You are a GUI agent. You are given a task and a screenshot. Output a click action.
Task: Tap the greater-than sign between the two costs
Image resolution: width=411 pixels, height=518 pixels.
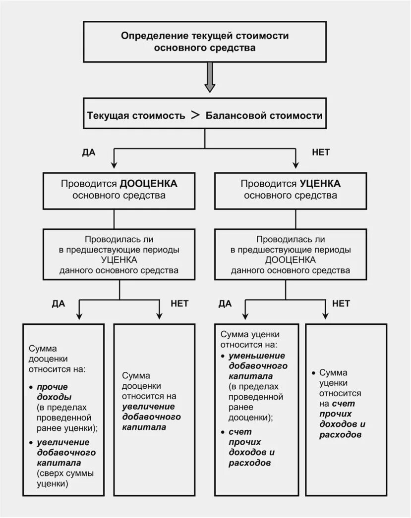click(x=195, y=115)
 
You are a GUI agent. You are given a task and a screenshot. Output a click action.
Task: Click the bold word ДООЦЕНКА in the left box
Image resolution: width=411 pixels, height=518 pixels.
click(x=148, y=183)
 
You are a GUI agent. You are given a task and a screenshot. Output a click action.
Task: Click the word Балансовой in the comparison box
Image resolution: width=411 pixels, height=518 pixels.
click(x=235, y=116)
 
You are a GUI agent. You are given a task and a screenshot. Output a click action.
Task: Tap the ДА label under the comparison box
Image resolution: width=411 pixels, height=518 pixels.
click(x=89, y=152)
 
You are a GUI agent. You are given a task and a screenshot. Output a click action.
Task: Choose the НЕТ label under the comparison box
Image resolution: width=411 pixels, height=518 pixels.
click(x=321, y=152)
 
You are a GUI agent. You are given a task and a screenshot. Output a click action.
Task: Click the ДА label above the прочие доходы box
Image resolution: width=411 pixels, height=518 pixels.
click(x=59, y=303)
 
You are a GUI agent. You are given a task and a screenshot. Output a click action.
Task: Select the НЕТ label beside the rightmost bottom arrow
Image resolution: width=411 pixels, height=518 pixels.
click(x=341, y=303)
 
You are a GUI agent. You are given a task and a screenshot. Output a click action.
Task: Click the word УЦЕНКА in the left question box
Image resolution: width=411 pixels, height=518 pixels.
click(x=119, y=259)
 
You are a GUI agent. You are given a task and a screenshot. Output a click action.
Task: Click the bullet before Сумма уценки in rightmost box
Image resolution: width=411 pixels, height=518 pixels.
click(x=314, y=372)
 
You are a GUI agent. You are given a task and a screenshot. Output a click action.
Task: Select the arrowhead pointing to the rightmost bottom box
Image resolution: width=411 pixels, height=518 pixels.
click(x=325, y=315)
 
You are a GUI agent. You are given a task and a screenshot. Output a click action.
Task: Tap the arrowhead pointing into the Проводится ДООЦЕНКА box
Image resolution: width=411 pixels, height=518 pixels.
click(x=114, y=164)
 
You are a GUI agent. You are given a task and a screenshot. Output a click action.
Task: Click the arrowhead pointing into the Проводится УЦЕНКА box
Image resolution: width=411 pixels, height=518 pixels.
click(x=296, y=164)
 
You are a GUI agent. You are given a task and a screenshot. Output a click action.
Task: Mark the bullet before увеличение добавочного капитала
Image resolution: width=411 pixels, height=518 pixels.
click(x=31, y=442)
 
